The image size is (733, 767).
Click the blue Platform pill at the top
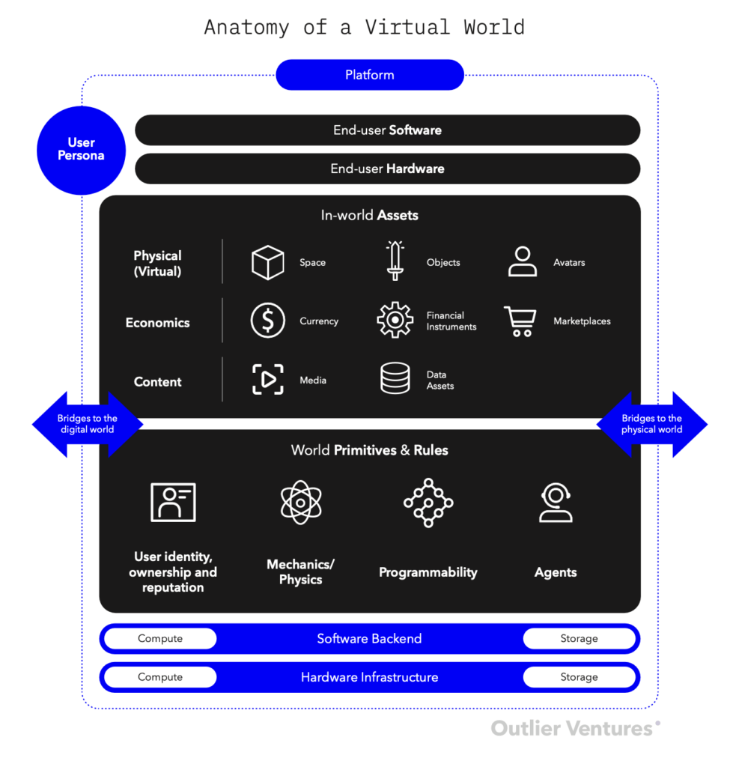click(x=370, y=75)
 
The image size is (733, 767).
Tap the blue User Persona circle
click(x=82, y=151)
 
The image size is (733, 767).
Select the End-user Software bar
click(x=387, y=130)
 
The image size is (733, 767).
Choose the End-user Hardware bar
click(x=387, y=169)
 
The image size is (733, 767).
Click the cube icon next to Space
click(x=267, y=262)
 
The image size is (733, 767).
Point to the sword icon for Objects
click(x=395, y=261)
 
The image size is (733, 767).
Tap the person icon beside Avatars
click(x=522, y=261)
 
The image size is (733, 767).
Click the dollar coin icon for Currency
click(x=267, y=321)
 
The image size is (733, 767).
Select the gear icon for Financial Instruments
click(x=395, y=321)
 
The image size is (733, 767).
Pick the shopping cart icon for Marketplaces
click(x=520, y=321)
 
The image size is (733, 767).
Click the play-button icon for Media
click(x=267, y=380)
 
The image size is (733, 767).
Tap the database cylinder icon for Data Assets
click(x=395, y=378)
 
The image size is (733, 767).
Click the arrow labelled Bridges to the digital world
click(x=87, y=425)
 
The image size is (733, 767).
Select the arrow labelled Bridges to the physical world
click(x=651, y=425)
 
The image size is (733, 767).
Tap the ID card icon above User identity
click(x=173, y=502)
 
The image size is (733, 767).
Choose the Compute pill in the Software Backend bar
click(x=160, y=639)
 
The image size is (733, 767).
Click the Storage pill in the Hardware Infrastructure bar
click(x=579, y=677)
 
